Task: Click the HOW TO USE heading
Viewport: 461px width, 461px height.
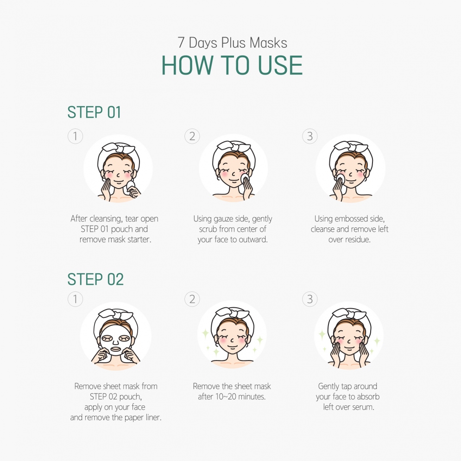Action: point(232,65)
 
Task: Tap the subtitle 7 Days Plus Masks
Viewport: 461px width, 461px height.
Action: point(232,43)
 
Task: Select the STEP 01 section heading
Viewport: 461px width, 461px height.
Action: point(94,112)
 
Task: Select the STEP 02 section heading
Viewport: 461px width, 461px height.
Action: point(95,279)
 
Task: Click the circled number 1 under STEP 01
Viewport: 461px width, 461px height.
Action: point(75,136)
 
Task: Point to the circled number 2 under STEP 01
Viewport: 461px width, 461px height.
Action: point(192,136)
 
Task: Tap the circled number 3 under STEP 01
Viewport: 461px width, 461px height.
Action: point(310,136)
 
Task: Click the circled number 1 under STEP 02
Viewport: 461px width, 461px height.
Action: point(75,299)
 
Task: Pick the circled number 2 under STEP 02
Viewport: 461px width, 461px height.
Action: point(192,299)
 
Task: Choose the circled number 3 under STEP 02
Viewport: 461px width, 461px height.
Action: point(310,299)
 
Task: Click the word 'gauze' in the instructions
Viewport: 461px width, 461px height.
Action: point(223,219)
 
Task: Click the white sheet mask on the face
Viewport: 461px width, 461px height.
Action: point(115,340)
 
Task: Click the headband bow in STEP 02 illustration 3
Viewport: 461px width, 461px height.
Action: point(349,313)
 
